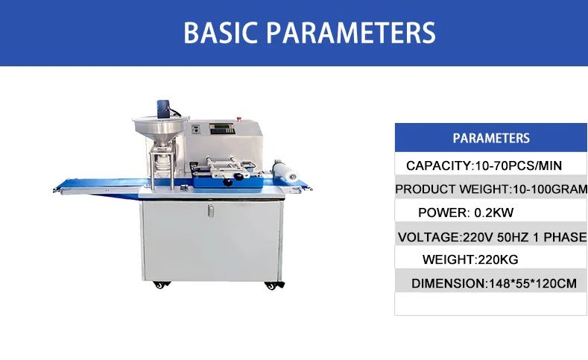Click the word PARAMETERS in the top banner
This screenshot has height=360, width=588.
(x=351, y=33)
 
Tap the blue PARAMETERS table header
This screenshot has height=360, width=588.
(x=491, y=138)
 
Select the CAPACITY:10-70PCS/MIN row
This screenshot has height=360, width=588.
(x=484, y=165)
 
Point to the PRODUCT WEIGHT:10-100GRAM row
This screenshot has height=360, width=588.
(x=491, y=189)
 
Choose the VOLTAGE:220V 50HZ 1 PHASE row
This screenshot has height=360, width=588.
(x=492, y=237)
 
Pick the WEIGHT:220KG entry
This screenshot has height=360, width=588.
(x=470, y=260)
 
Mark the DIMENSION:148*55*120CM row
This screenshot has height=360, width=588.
(x=495, y=283)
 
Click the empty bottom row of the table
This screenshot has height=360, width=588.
(x=491, y=304)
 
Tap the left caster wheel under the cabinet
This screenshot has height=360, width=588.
(x=159, y=284)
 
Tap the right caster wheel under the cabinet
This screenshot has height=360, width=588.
(x=271, y=285)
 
